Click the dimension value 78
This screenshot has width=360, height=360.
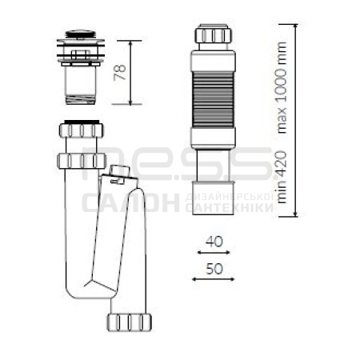click(x=120, y=72)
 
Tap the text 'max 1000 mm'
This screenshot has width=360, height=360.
click(x=282, y=87)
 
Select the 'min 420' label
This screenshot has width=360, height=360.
click(x=282, y=177)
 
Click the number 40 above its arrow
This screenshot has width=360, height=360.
click(x=214, y=242)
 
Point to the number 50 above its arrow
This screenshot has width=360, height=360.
click(x=214, y=269)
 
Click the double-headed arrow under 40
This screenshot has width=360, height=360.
click(x=214, y=252)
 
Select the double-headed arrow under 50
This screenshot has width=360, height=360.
click(x=214, y=279)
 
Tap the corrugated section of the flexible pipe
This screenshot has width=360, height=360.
click(x=213, y=99)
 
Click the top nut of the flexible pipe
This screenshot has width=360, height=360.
click(x=213, y=34)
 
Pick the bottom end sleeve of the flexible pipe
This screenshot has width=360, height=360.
click(x=214, y=198)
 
